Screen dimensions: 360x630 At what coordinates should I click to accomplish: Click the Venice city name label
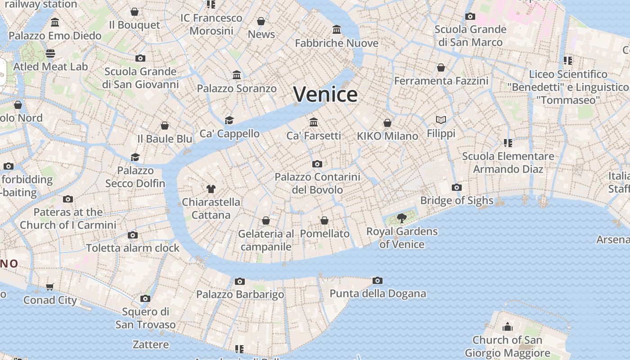(x=325, y=94)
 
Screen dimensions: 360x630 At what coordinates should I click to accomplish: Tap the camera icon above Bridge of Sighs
(x=457, y=188)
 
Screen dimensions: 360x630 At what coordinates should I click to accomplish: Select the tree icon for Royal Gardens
(x=402, y=219)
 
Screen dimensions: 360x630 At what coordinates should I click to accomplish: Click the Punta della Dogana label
(x=378, y=294)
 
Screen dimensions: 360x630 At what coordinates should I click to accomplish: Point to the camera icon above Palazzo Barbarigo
(x=240, y=282)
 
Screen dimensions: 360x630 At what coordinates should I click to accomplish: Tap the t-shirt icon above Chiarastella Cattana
(x=211, y=189)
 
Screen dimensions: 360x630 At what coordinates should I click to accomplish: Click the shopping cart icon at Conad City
(x=50, y=287)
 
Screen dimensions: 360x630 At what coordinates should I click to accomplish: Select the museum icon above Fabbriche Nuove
(x=337, y=30)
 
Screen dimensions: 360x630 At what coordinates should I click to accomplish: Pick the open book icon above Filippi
(x=441, y=120)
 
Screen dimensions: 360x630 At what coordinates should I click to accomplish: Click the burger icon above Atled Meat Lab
(x=50, y=54)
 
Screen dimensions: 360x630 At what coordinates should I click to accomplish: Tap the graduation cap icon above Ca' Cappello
(x=229, y=121)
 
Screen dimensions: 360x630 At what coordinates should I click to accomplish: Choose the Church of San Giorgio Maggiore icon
(x=508, y=327)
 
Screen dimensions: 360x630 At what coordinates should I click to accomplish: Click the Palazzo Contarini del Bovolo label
(x=317, y=183)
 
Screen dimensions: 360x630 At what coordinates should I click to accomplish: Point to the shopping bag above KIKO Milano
(x=387, y=123)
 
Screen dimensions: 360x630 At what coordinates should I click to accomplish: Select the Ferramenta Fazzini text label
(x=441, y=81)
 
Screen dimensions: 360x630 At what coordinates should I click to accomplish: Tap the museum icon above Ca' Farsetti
(x=314, y=122)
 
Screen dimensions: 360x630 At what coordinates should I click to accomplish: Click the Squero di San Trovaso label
(x=145, y=318)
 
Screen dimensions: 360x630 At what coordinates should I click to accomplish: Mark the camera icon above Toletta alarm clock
(x=133, y=235)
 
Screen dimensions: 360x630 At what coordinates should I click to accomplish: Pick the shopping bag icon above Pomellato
(x=324, y=220)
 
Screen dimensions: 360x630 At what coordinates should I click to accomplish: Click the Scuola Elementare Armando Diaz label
(x=508, y=162)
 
